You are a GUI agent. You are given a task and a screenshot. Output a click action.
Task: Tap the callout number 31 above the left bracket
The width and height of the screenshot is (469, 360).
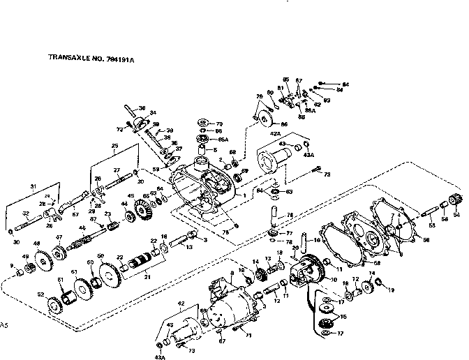tap(32, 186)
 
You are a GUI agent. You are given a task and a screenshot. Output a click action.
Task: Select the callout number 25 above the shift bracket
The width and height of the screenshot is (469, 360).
tap(114, 146)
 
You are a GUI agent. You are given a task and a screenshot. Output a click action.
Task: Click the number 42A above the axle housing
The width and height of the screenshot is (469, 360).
tap(274, 132)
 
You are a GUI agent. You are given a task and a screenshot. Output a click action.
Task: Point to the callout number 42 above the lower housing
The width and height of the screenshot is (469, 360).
tap(181, 304)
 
